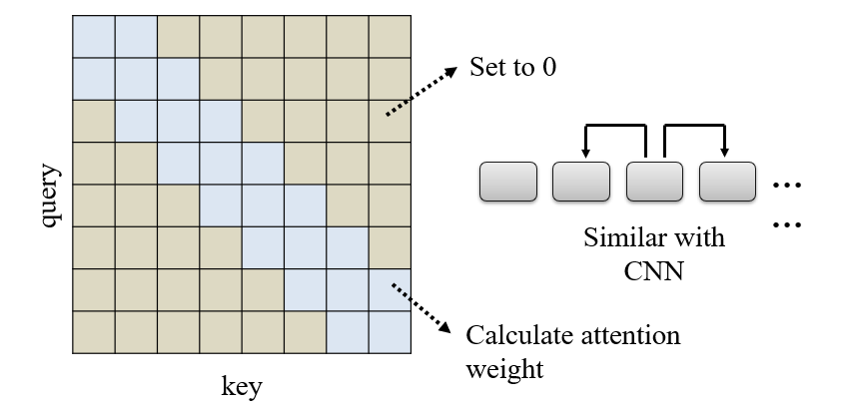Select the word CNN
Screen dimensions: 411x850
(x=654, y=268)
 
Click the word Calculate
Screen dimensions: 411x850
(x=515, y=334)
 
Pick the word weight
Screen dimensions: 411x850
(x=504, y=369)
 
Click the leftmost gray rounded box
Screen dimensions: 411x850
(x=508, y=182)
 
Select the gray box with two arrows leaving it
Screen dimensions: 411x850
(x=654, y=182)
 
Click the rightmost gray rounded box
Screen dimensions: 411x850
(x=727, y=182)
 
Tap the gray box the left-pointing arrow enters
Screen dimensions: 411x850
(x=581, y=182)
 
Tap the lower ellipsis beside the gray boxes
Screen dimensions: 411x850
(x=788, y=225)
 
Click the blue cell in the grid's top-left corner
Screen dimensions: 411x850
(x=94, y=37)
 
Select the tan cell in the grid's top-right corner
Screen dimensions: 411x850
(x=390, y=37)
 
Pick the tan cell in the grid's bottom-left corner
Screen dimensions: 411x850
(x=94, y=332)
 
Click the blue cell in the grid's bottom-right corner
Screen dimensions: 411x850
(x=390, y=332)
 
